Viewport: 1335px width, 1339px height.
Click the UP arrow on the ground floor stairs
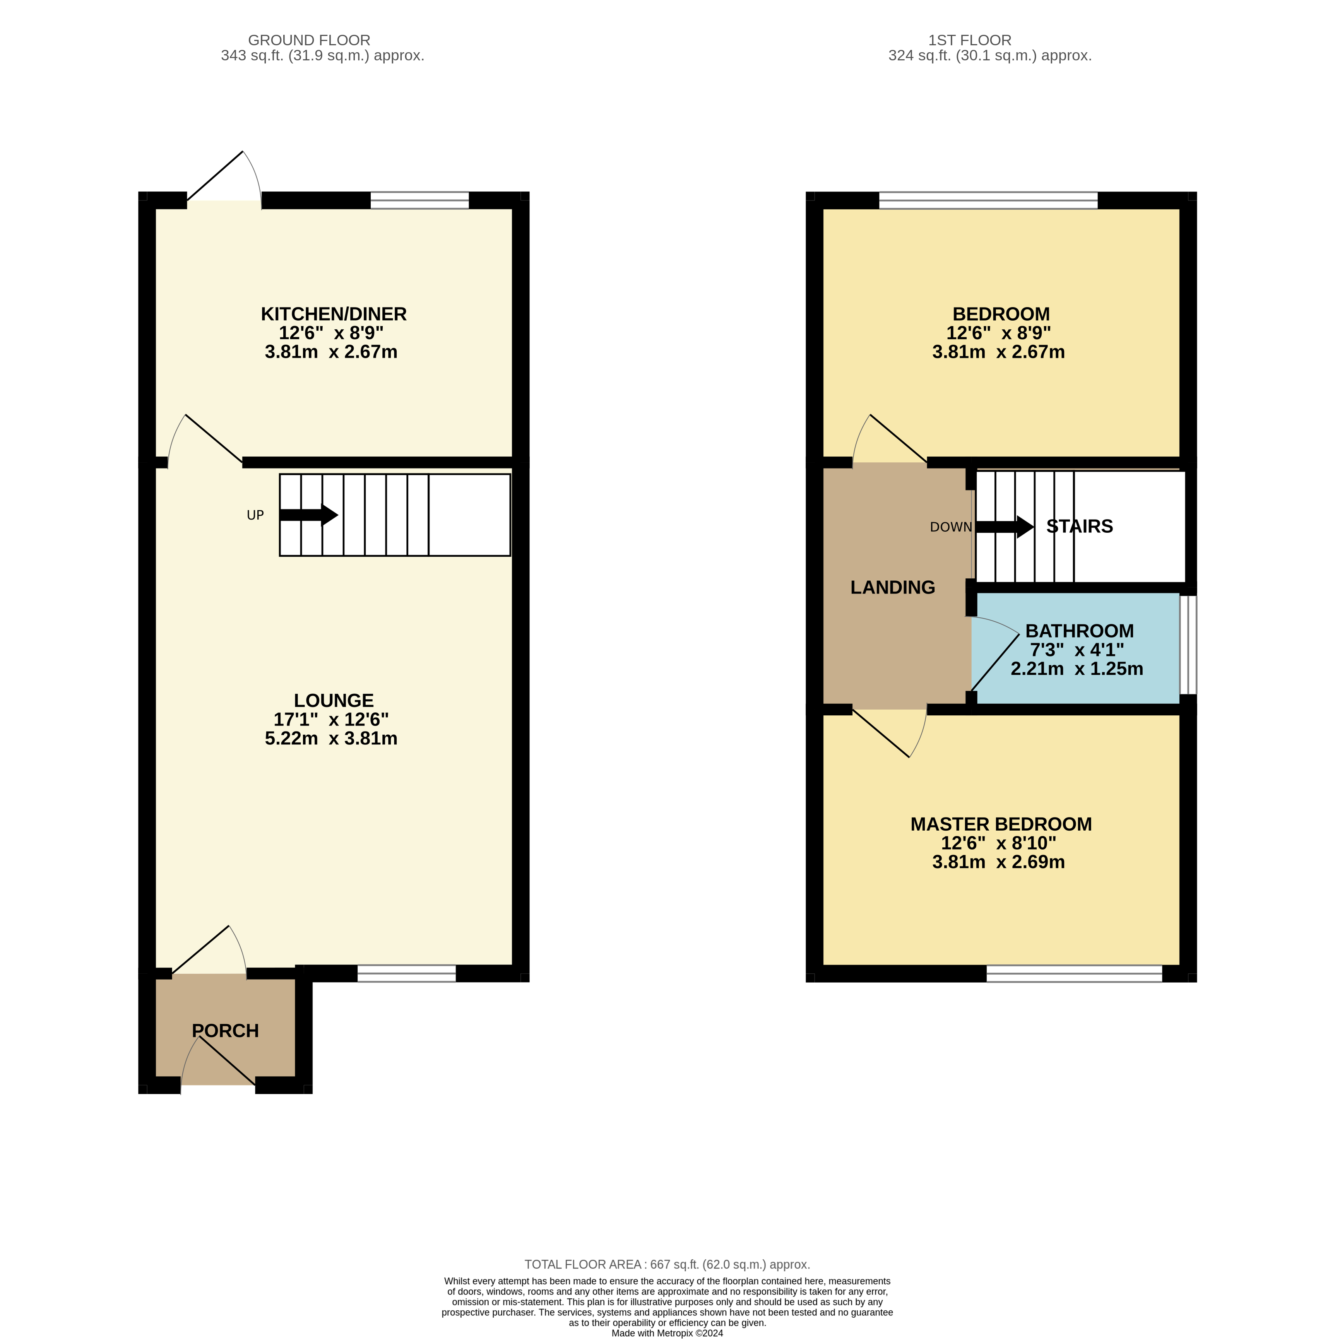308,515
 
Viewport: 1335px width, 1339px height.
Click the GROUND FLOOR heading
309,40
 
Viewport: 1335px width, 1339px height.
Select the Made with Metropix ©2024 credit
667,1333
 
